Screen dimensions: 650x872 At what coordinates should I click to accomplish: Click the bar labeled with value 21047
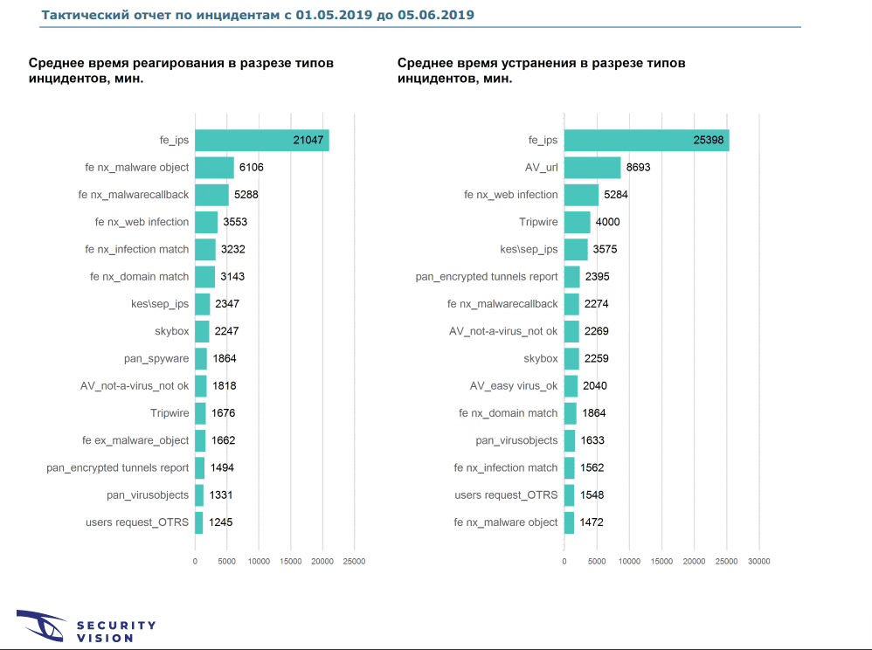tap(262, 140)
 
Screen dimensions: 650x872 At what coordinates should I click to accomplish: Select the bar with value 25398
tap(647, 140)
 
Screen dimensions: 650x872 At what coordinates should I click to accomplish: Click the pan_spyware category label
tap(156, 358)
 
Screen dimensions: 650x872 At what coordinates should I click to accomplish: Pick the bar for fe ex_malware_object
tap(200, 440)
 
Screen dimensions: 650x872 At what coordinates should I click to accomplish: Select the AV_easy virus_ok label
tap(514, 385)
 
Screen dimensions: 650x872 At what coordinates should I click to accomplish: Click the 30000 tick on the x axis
tap(758, 562)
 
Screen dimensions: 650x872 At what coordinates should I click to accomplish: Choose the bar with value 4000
tap(577, 222)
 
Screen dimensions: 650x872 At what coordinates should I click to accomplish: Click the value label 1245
tap(221, 522)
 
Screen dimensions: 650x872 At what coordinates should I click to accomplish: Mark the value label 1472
tap(592, 522)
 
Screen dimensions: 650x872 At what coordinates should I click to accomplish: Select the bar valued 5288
tap(211, 195)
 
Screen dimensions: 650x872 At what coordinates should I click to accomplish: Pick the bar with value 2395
tap(572, 277)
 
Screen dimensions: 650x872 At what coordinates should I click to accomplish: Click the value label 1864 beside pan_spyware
tap(224, 358)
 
